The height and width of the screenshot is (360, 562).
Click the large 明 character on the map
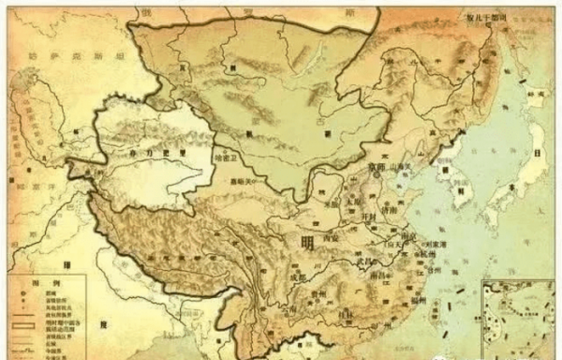pyautogui.click(x=308, y=242)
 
